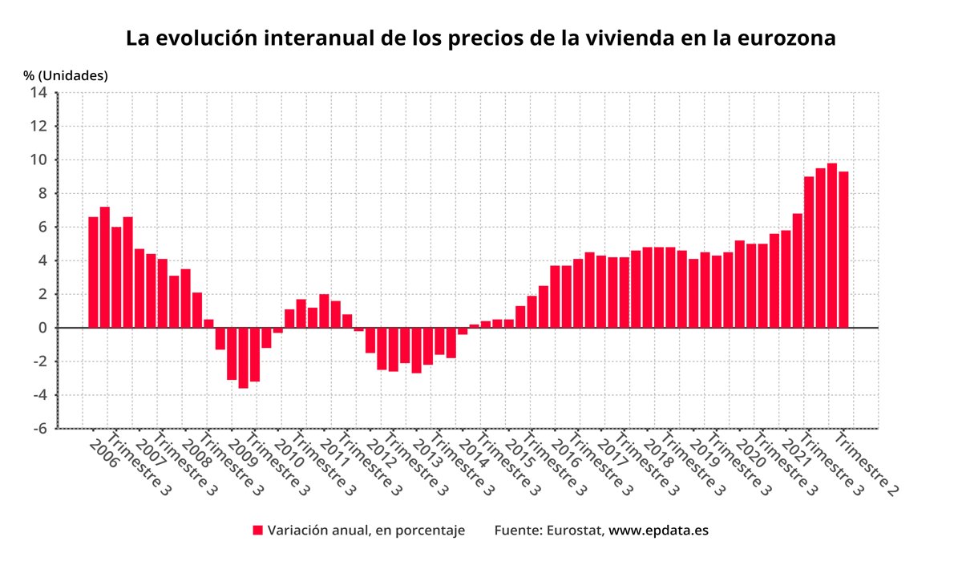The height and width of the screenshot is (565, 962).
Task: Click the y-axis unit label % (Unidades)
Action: pyautogui.click(x=65, y=75)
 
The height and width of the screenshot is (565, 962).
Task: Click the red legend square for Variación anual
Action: pyautogui.click(x=258, y=531)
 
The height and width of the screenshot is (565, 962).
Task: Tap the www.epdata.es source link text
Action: pyautogui.click(x=658, y=531)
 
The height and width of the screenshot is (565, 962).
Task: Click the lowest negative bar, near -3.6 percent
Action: pyautogui.click(x=243, y=357)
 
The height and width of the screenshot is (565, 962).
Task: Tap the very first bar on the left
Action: pyautogui.click(x=93, y=272)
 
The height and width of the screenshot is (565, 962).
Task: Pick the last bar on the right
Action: pyautogui.click(x=843, y=249)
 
